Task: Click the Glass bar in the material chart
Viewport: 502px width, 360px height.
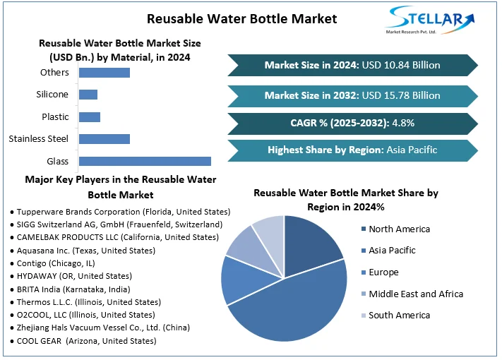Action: click(145, 161)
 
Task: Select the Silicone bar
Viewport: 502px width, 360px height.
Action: click(88, 95)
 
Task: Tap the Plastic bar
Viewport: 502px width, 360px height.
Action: click(90, 116)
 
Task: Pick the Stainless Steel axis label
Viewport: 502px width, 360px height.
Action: click(38, 139)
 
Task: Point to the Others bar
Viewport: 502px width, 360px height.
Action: click(104, 72)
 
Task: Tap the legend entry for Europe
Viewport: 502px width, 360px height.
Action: click(383, 272)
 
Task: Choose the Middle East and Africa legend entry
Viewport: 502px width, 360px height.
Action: click(415, 294)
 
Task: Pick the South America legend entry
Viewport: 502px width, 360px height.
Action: click(399, 315)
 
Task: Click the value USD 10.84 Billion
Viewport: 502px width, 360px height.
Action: click(400, 65)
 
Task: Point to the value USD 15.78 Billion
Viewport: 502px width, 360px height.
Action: click(400, 95)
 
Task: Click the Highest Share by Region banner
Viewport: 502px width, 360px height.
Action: click(352, 150)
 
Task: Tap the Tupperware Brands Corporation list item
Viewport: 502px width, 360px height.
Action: click(120, 211)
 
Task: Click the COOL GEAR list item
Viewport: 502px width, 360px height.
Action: click(83, 340)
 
